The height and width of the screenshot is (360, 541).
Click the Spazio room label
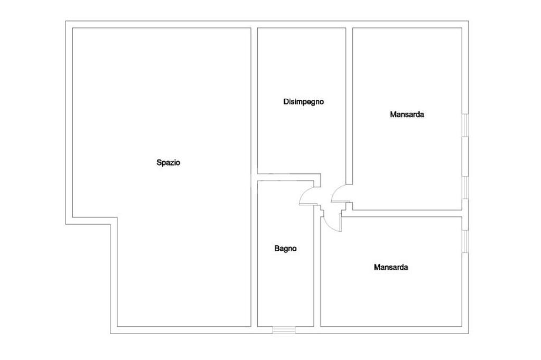169,163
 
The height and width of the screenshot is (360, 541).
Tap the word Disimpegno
303,102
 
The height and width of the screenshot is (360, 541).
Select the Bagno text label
285,249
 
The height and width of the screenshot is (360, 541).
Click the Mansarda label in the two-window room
407,114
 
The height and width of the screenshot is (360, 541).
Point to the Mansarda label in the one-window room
391,268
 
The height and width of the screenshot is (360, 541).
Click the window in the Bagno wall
284,330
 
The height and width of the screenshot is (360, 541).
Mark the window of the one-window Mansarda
465,240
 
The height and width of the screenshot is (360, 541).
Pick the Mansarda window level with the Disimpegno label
465,125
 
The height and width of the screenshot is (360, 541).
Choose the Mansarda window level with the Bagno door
465,187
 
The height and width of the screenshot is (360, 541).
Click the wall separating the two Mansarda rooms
404,213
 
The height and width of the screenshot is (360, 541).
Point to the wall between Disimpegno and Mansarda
349,106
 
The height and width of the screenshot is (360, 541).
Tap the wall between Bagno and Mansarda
318,269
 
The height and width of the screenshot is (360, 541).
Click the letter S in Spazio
158,163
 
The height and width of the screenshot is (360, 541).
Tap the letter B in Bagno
276,249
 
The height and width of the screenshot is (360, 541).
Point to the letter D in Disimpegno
286,102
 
